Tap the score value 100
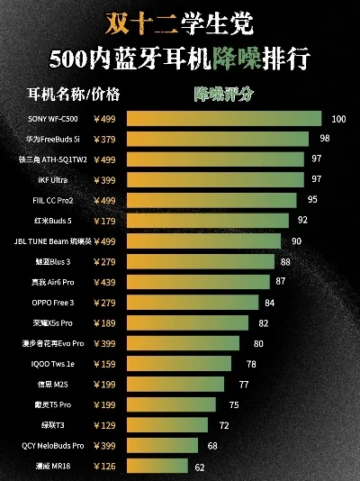(338, 118)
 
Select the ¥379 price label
(104, 138)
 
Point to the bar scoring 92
(208, 220)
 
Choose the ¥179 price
(104, 220)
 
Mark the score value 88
(285, 261)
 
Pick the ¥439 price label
(104, 282)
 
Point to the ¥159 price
(104, 364)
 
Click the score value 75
(234, 404)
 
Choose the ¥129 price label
(104, 425)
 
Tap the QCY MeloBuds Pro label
(53, 445)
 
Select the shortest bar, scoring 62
(157, 466)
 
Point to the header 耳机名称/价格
(75, 93)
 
